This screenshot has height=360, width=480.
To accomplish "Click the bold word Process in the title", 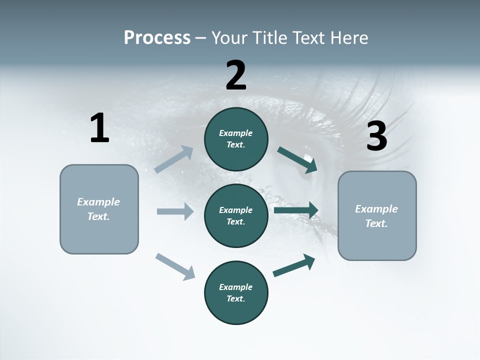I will tap(157, 38).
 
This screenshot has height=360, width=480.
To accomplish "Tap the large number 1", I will tap(99, 128).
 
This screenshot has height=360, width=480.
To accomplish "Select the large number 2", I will tap(236, 75).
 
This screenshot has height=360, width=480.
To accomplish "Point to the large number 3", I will tap(376, 136).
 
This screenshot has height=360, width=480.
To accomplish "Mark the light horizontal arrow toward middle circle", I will tap(175, 211).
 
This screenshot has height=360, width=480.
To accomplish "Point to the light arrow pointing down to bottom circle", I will tap(175, 266).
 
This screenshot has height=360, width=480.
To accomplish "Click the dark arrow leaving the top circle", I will tap(297, 160).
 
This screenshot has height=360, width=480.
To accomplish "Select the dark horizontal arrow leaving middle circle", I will tap(296, 210).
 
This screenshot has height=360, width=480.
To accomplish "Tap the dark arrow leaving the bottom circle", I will tap(294, 265).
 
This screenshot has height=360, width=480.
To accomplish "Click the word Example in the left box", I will tap(98, 202).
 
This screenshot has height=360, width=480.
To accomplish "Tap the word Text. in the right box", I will tap(376, 223).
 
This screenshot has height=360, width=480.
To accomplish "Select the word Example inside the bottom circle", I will tap(236, 287).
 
